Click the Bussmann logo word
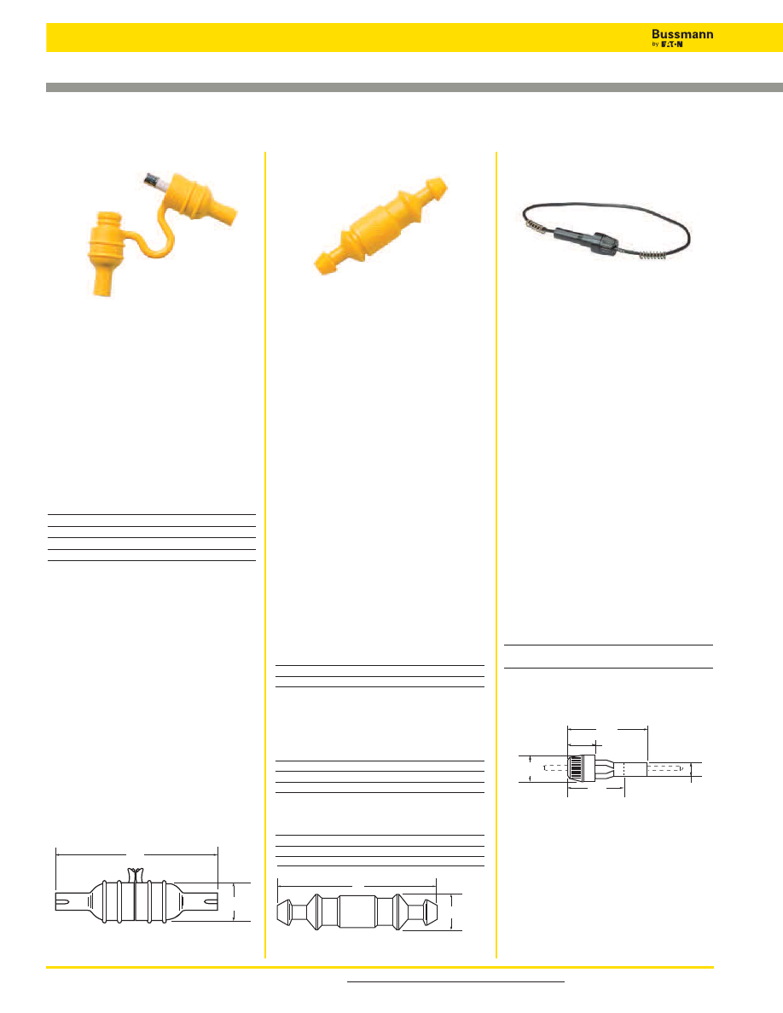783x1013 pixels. click(682, 34)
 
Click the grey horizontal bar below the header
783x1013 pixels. click(415, 87)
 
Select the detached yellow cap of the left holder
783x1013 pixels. click(104, 252)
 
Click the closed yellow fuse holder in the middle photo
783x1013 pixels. click(380, 225)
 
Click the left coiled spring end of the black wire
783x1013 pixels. click(534, 224)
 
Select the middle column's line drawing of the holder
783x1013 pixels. click(358, 912)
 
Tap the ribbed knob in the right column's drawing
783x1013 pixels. click(581, 769)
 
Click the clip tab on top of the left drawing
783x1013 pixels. click(135, 875)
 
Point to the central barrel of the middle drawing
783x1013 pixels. click(358, 912)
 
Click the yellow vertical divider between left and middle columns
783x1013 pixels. click(265, 555)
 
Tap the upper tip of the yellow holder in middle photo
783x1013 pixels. click(440, 183)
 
